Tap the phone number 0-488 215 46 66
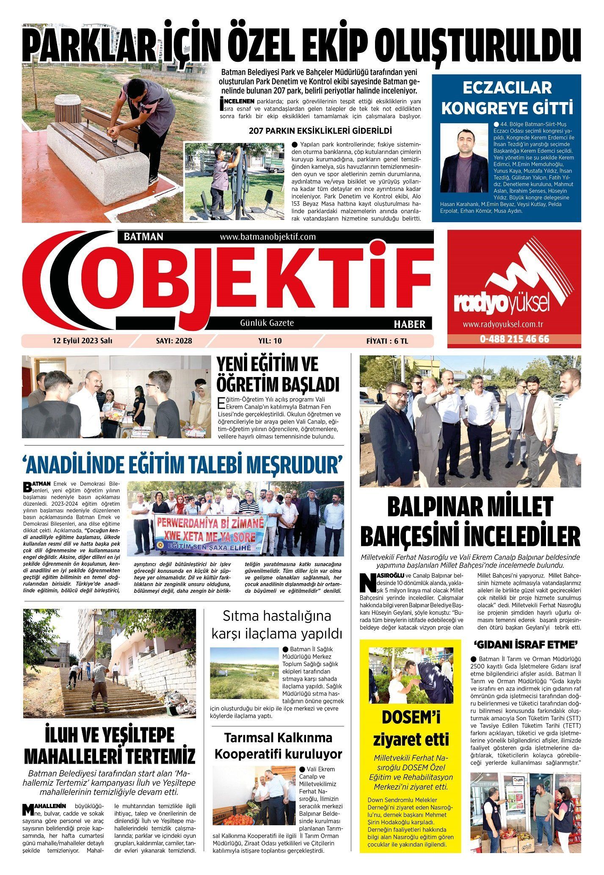click(x=514, y=339)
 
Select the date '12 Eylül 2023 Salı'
click(x=82, y=341)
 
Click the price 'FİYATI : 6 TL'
click(x=387, y=341)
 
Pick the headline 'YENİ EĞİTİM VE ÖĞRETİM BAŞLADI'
click(x=278, y=374)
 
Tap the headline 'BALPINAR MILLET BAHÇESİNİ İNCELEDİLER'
click(x=470, y=521)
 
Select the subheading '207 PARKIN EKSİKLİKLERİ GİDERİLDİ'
click(x=320, y=131)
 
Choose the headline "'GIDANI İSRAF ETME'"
click(x=526, y=645)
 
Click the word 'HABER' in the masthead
click(x=409, y=324)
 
